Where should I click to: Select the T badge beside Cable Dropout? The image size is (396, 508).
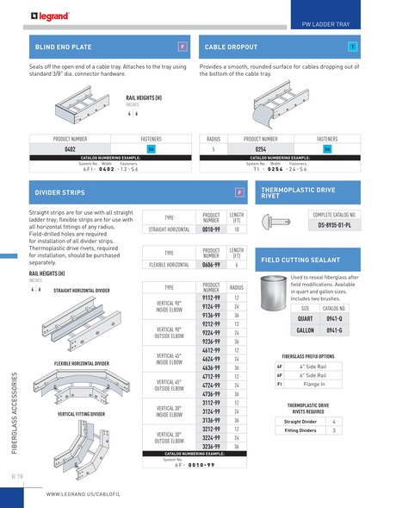click(x=353, y=45)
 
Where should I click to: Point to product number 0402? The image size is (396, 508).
click(x=71, y=149)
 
